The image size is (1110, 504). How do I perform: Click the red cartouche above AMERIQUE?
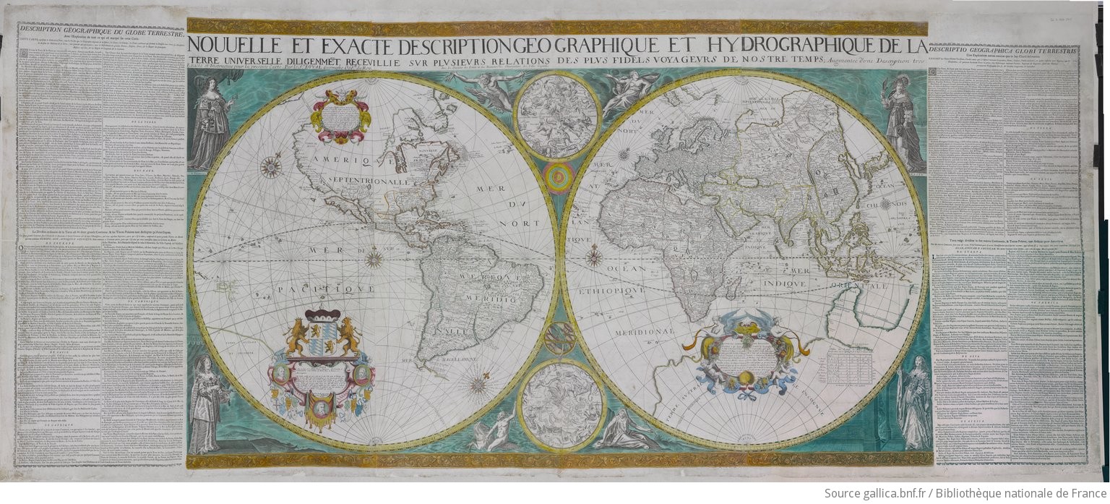(x=340, y=113)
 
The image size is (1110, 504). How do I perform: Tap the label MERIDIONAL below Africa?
(x=645, y=331)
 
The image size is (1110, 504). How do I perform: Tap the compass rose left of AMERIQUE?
(x=271, y=167)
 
